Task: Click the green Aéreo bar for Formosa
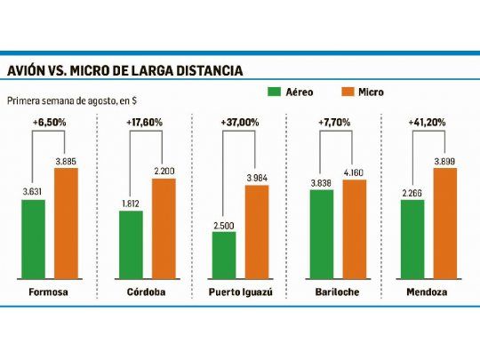click(34, 238)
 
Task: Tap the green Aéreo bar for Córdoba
click(131, 244)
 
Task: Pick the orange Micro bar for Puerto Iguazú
click(257, 231)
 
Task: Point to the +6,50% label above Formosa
click(50, 122)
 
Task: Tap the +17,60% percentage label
click(146, 122)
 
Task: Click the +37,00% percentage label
click(241, 122)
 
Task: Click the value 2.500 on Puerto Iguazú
click(224, 225)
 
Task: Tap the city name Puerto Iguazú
click(240, 291)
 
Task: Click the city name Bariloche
click(337, 291)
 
